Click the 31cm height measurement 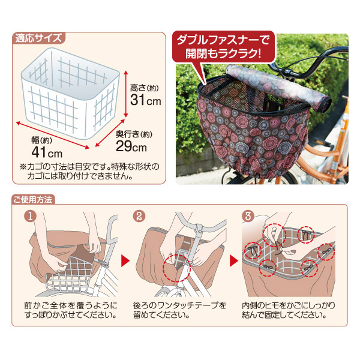click(146, 100)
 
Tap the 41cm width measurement click(47, 152)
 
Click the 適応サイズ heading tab click(38, 38)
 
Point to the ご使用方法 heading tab click(33, 200)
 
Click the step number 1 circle click(31, 216)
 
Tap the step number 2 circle click(139, 216)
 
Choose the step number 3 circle click(248, 216)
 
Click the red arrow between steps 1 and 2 click(125, 261)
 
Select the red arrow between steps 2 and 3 click(234, 261)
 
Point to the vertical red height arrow click(125, 94)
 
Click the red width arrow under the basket click(53, 135)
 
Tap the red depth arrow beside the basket click(110, 133)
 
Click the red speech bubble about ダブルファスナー click(223, 47)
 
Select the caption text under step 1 click(71, 310)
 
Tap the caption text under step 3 click(289, 310)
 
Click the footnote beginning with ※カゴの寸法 click(89, 171)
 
